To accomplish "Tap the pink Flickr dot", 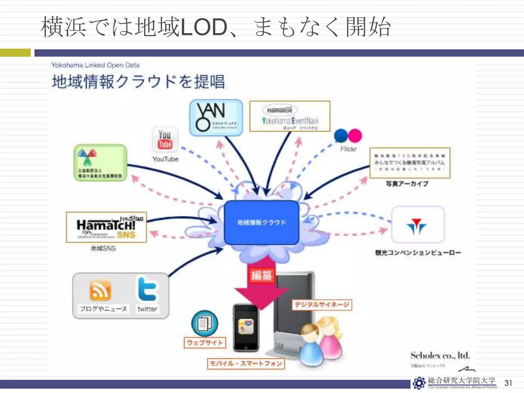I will [x=355, y=136].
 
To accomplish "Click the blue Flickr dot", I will [x=341, y=136].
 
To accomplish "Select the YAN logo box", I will [x=216, y=118].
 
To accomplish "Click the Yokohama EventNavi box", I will [x=290, y=116].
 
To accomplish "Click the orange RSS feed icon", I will [x=100, y=290].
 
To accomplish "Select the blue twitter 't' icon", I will [x=147, y=289].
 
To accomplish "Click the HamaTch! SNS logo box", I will [x=106, y=227].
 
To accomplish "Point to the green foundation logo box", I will [x=100, y=163].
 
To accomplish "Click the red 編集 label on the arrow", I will [x=261, y=275].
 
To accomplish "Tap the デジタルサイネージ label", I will [x=322, y=305].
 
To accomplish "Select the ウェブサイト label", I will [x=205, y=343].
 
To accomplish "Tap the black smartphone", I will [x=246, y=327].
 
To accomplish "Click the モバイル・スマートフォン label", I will [x=246, y=364].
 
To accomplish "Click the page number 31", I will [x=508, y=383].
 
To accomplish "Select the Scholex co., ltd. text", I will [x=440, y=355].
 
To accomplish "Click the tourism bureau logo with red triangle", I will [x=418, y=225].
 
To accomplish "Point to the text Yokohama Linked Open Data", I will [x=95, y=65].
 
